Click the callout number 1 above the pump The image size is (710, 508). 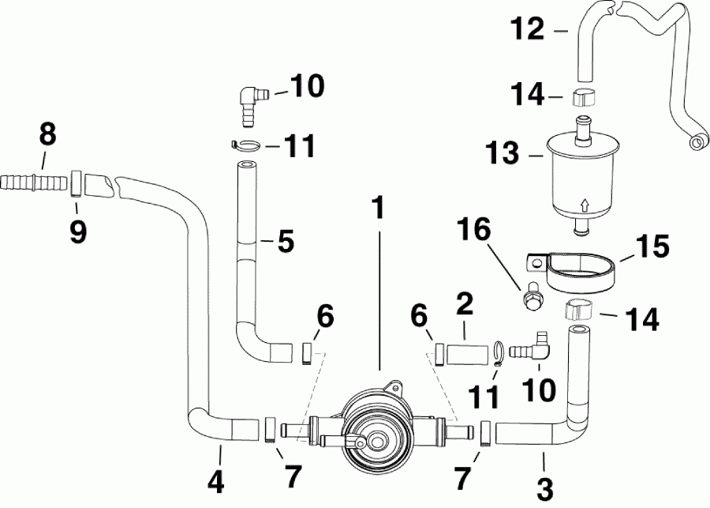[379, 209]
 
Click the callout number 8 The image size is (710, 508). [48, 135]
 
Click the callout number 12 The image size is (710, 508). [528, 31]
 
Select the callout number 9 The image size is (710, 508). [77, 231]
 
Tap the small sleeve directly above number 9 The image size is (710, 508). [77, 183]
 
